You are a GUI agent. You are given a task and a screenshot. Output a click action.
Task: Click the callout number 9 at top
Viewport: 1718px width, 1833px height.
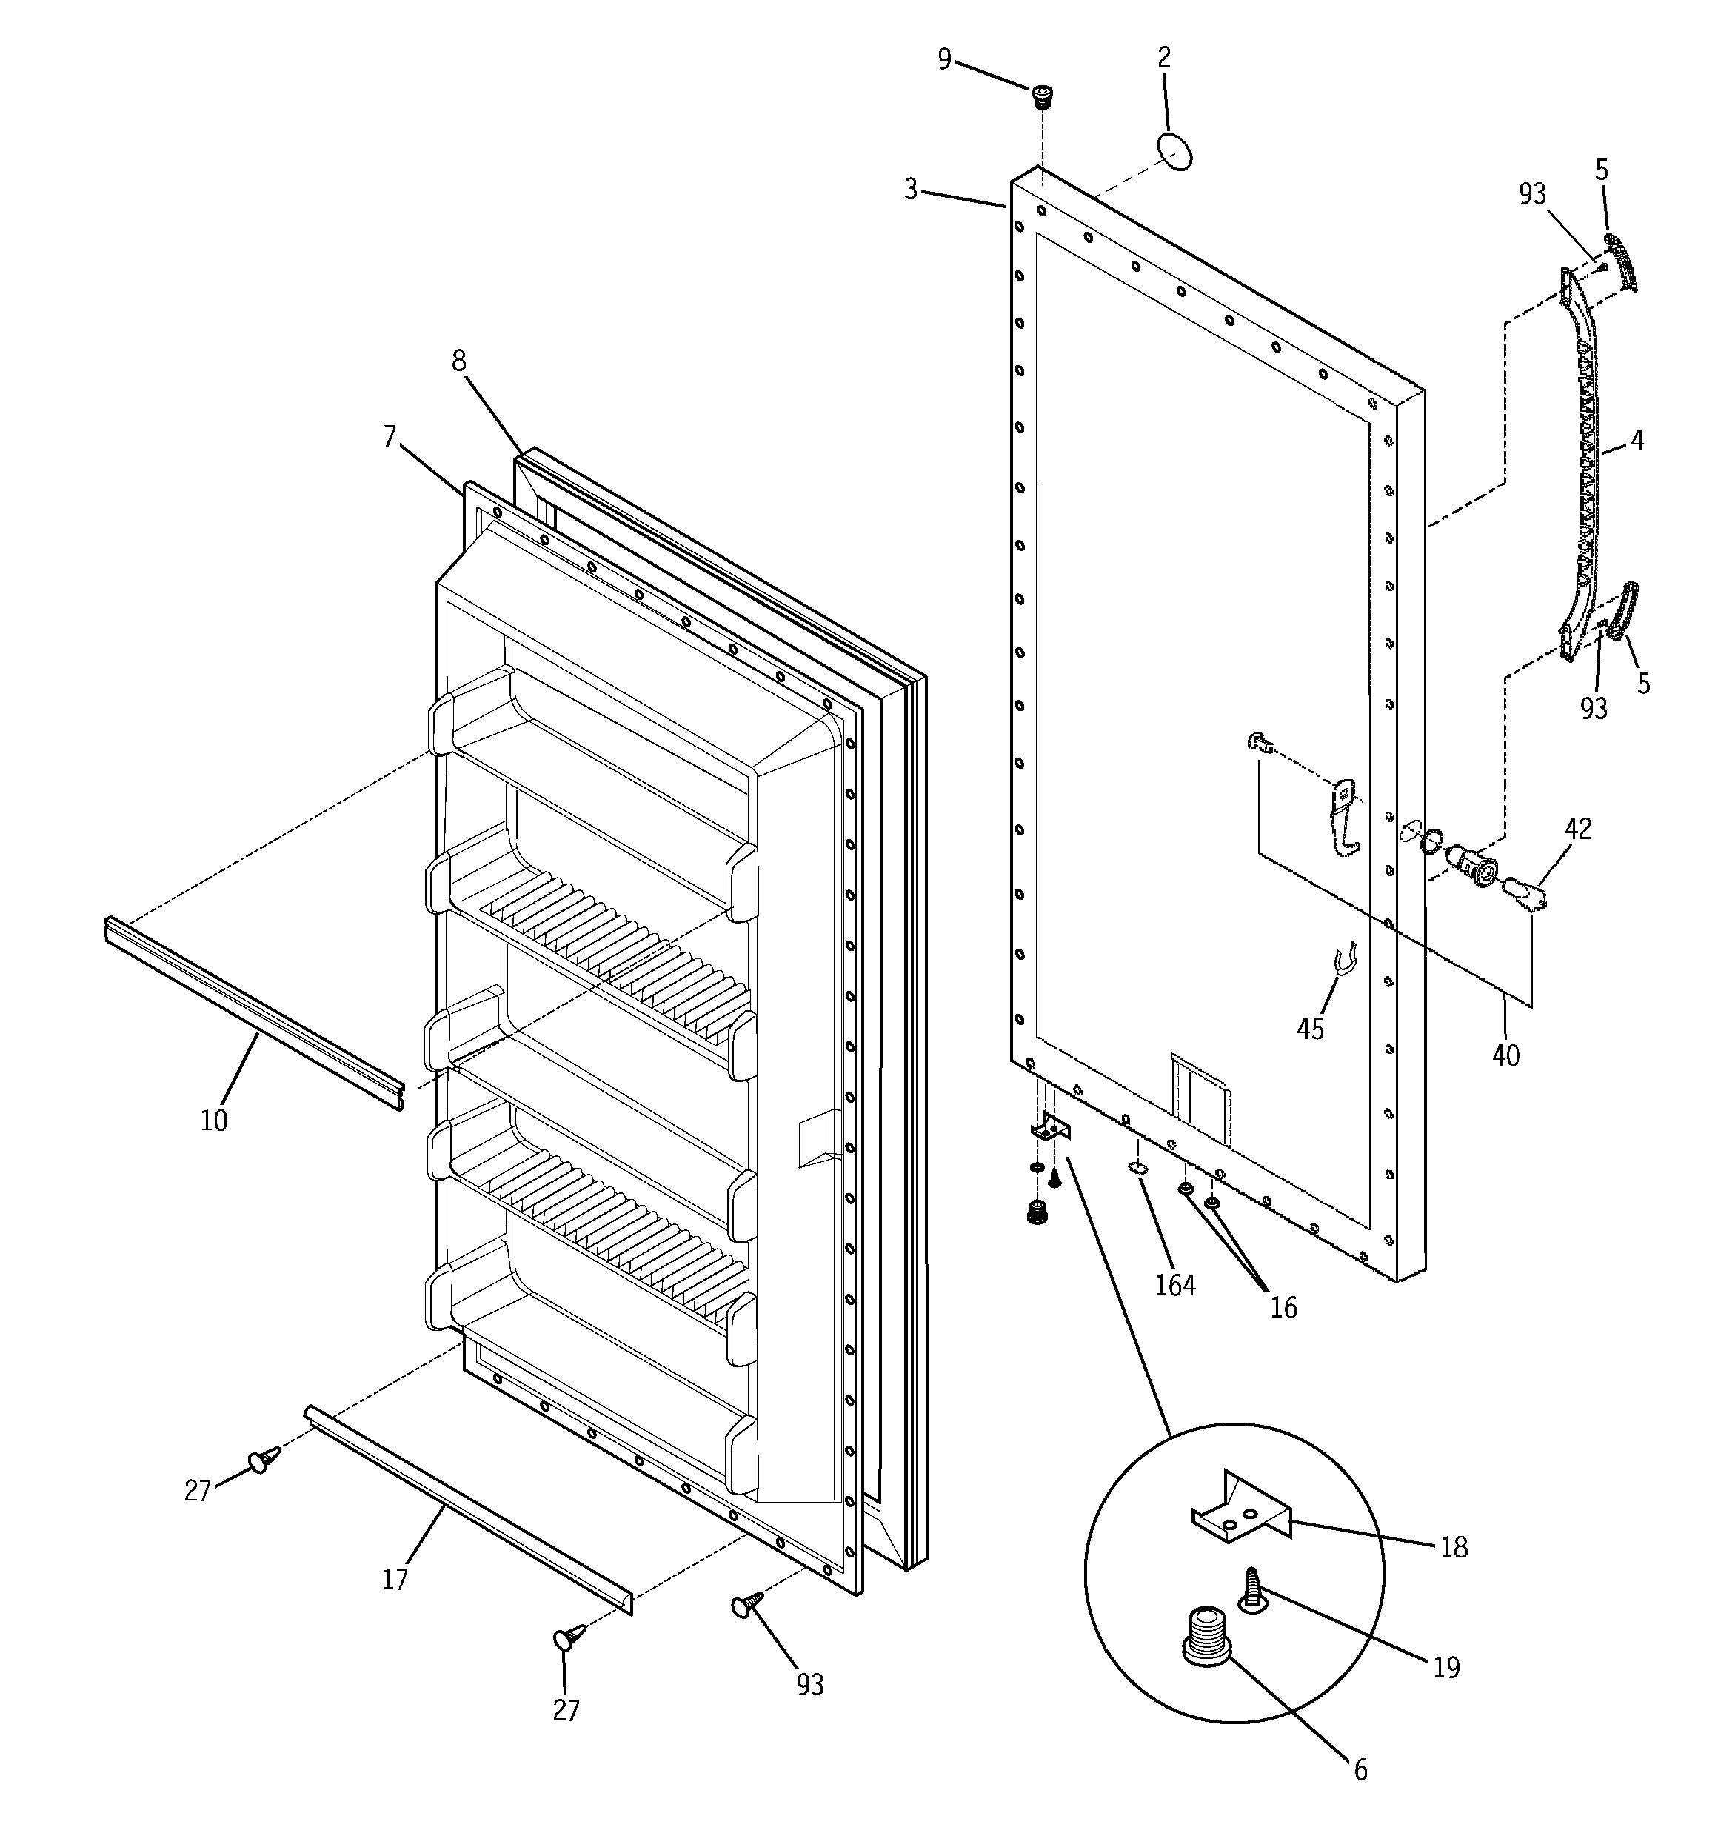point(943,59)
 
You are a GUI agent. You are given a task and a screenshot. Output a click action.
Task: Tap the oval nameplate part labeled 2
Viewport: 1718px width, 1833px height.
point(1174,151)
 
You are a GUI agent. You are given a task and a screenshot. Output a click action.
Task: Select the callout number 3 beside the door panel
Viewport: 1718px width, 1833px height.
point(910,190)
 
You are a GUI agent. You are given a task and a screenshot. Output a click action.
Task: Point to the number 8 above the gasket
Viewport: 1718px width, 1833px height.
point(458,361)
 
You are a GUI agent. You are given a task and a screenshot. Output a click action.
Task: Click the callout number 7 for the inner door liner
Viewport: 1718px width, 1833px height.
point(390,436)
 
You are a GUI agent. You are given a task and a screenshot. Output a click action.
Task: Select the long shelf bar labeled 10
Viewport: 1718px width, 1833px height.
point(253,1012)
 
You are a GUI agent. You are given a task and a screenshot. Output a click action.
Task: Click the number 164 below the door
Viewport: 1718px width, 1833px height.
point(1175,1285)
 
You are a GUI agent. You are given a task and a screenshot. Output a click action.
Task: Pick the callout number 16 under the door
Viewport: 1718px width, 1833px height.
point(1283,1307)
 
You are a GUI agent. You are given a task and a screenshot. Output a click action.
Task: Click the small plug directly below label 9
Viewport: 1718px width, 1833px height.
point(1042,96)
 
